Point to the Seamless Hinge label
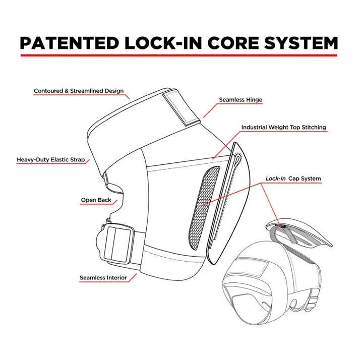[x=241, y=100]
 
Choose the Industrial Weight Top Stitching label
[x=283, y=128]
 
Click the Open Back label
[x=96, y=200]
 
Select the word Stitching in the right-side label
[x=313, y=128]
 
